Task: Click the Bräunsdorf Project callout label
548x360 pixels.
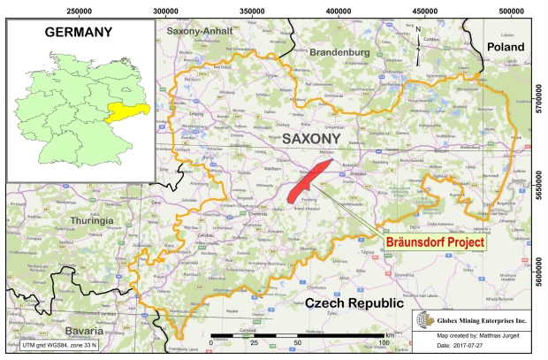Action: coord(433,240)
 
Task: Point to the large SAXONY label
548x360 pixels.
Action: coord(310,139)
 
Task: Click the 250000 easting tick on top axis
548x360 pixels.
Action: coord(80,9)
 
